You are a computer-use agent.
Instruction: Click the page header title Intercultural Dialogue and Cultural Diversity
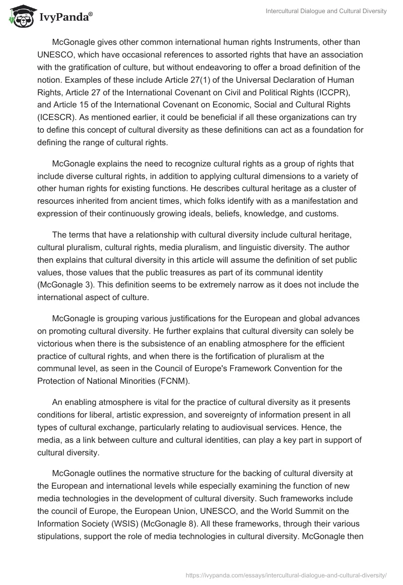pyautogui.click(x=326, y=11)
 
